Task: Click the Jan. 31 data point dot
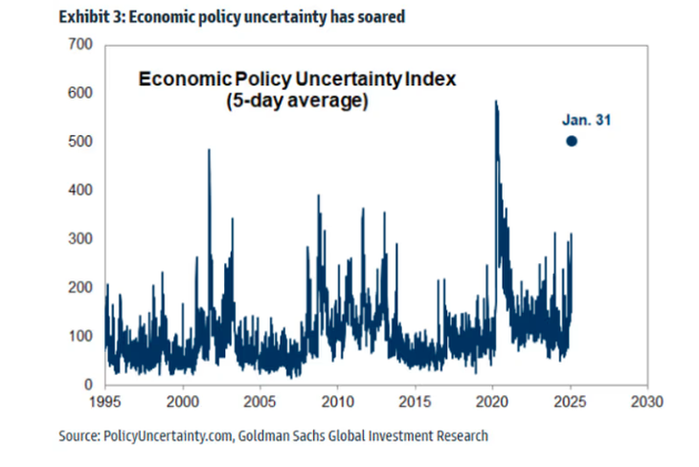[x=572, y=141]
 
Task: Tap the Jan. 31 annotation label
[x=585, y=121]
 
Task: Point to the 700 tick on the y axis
[x=80, y=44]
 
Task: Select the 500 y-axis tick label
[x=80, y=142]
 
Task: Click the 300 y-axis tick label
[x=80, y=238]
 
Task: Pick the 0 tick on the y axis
[x=87, y=385]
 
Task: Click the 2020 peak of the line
[x=495, y=101]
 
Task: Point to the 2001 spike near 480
[x=209, y=150]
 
